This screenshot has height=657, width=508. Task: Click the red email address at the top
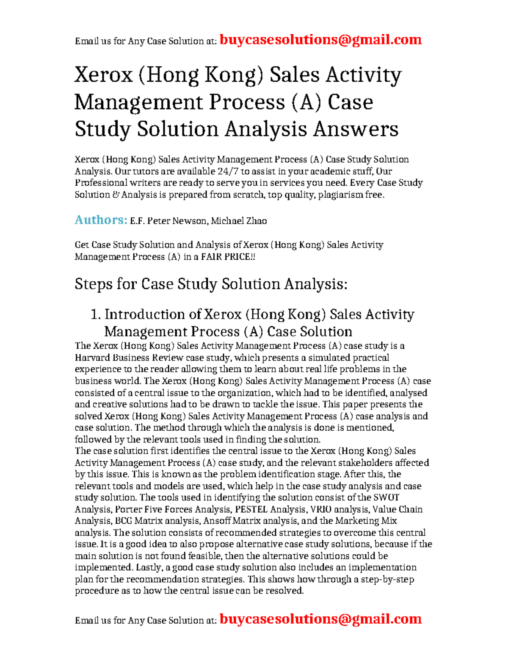tap(321, 40)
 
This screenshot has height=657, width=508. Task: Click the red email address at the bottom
tap(321, 619)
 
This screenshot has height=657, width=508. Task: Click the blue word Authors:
tap(101, 220)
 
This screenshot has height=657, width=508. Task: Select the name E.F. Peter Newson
tap(168, 221)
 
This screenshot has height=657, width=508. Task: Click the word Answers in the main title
tap(356, 129)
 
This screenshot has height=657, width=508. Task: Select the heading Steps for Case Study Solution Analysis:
tap(211, 284)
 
